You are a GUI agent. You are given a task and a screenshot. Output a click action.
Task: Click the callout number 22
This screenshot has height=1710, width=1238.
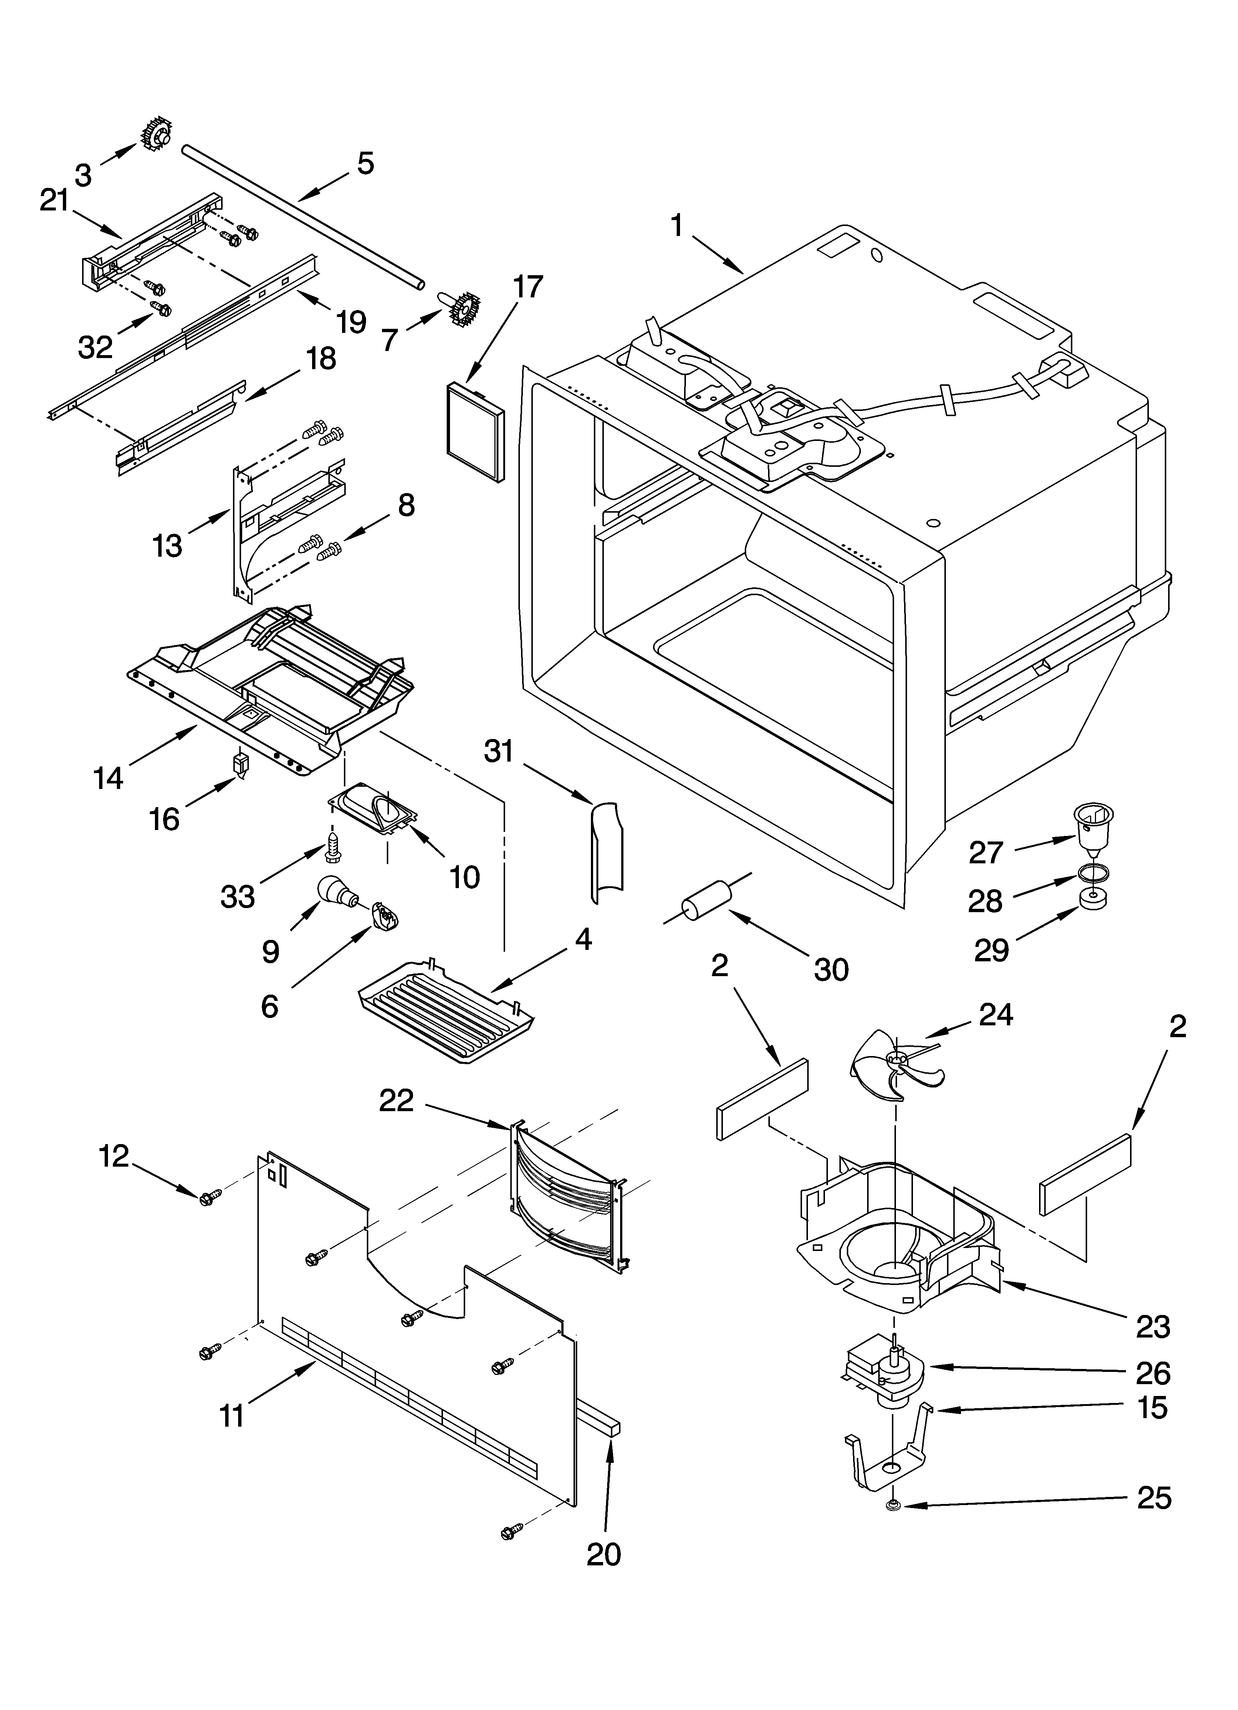397,1102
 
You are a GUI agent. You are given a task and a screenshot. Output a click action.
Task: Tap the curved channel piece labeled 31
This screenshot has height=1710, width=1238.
607,851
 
